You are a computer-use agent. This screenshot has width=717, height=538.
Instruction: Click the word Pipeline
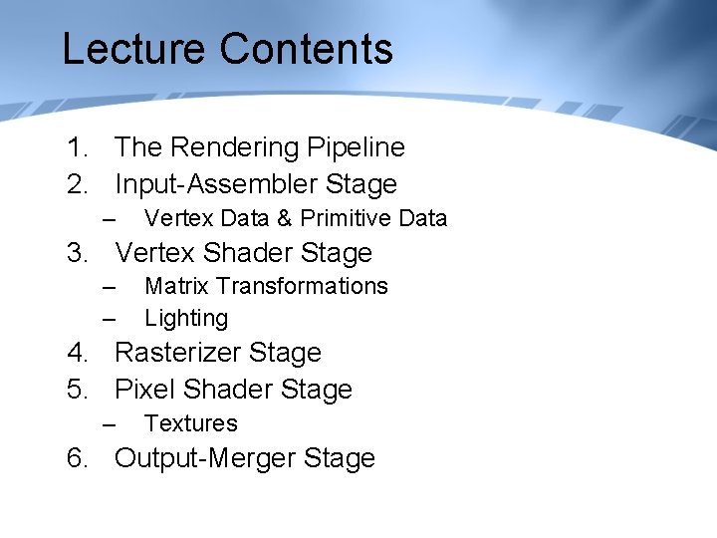(356, 147)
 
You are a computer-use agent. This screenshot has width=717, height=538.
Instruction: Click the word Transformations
(303, 286)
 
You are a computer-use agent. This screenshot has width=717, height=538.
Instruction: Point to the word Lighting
(186, 319)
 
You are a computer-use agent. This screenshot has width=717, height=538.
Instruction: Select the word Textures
(190, 423)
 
